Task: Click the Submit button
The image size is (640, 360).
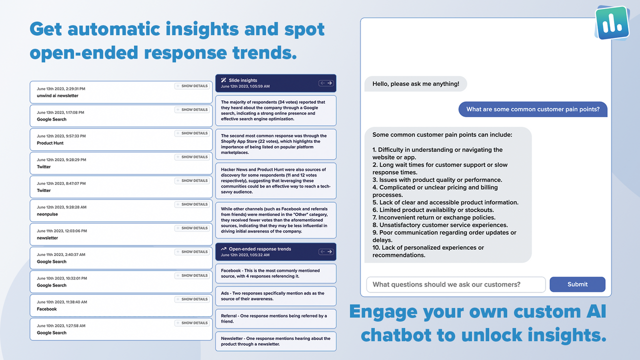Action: (x=577, y=284)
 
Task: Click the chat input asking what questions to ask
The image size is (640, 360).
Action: (x=455, y=284)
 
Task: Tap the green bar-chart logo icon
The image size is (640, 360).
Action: (x=612, y=22)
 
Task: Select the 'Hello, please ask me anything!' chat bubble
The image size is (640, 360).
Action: (x=415, y=83)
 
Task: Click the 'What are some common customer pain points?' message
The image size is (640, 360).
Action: (x=532, y=109)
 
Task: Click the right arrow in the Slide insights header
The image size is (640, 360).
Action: (x=330, y=83)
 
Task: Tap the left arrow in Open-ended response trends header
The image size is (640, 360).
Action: (x=322, y=251)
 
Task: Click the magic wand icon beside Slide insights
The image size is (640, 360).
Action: (x=223, y=80)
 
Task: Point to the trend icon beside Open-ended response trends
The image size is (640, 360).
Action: (x=223, y=248)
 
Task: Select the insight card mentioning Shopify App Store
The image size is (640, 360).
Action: (x=275, y=144)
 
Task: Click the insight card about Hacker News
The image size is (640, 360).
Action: (x=275, y=180)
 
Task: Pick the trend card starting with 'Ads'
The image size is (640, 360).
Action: (x=275, y=296)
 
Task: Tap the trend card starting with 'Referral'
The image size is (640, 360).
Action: (x=275, y=318)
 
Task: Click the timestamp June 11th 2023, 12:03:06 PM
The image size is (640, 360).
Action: (x=61, y=231)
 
